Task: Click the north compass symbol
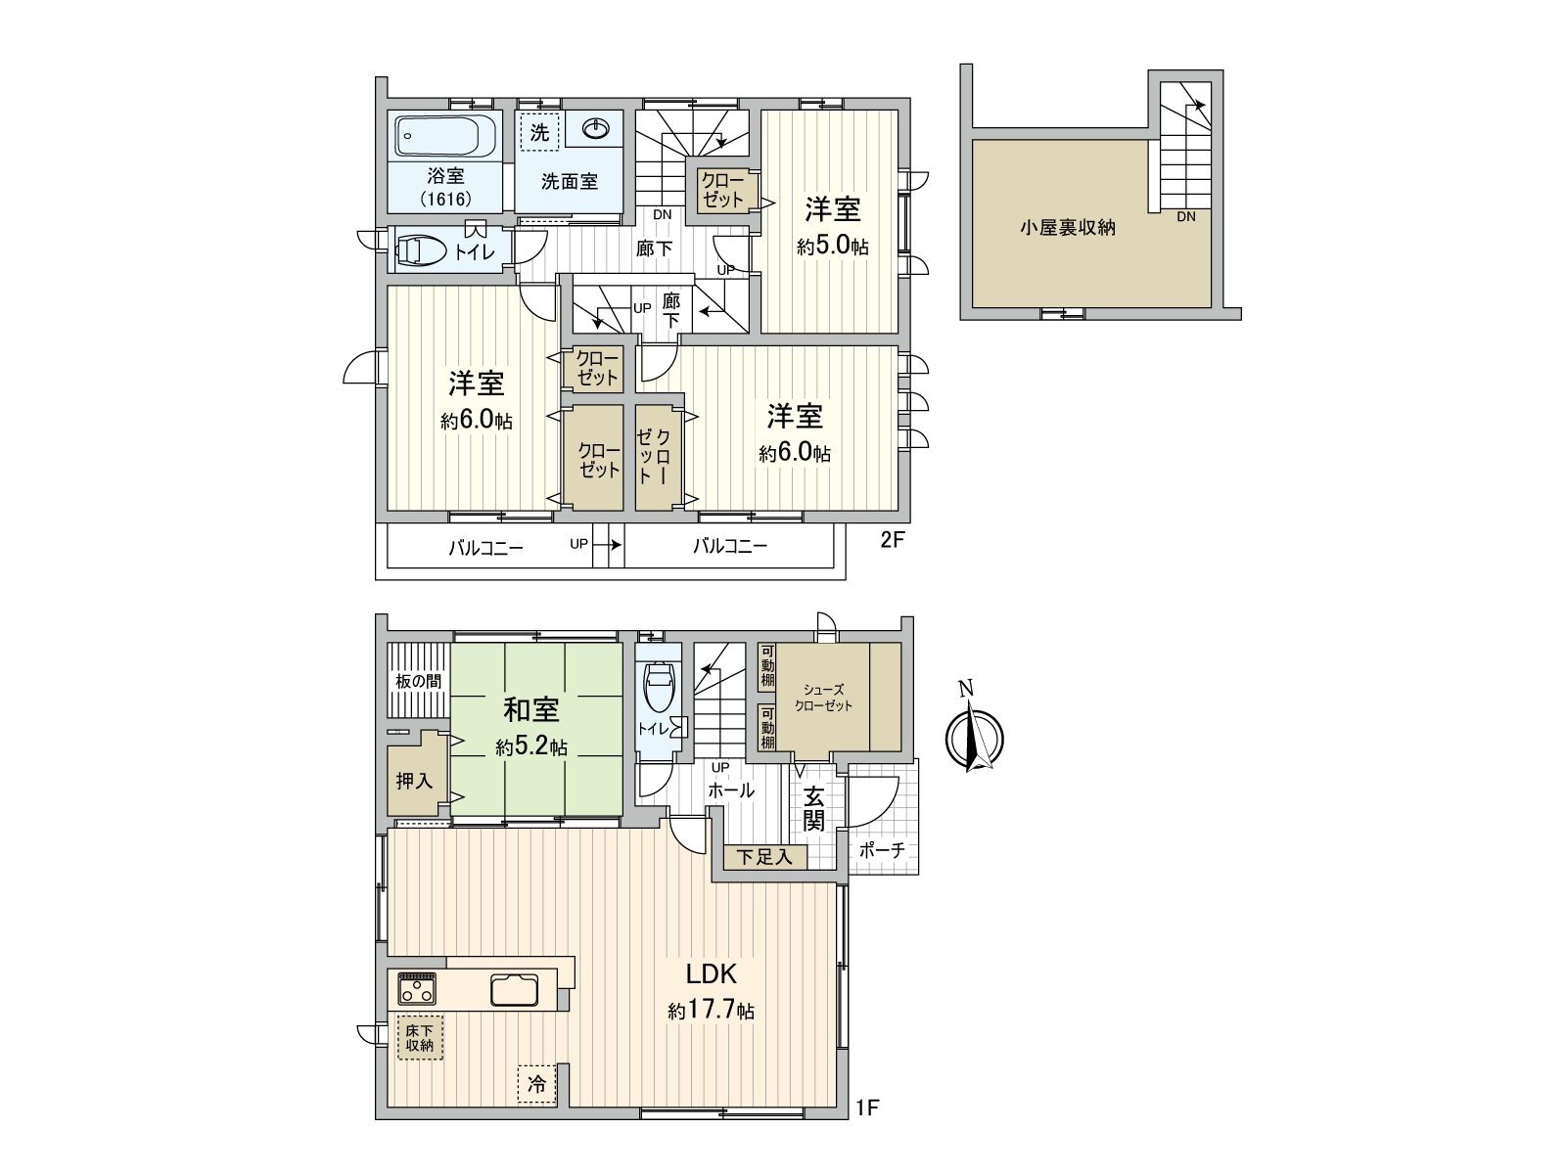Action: click(973, 735)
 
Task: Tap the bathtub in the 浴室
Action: click(446, 136)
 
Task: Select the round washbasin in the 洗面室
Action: click(596, 129)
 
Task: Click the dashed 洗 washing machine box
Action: click(539, 132)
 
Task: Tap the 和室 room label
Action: click(531, 708)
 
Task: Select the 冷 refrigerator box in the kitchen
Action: click(536, 1084)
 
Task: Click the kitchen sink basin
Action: click(514, 990)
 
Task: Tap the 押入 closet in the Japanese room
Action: click(413, 781)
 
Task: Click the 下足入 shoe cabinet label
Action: click(764, 858)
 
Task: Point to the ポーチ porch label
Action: click(882, 851)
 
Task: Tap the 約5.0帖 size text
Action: click(832, 248)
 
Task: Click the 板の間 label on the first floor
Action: click(418, 681)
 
